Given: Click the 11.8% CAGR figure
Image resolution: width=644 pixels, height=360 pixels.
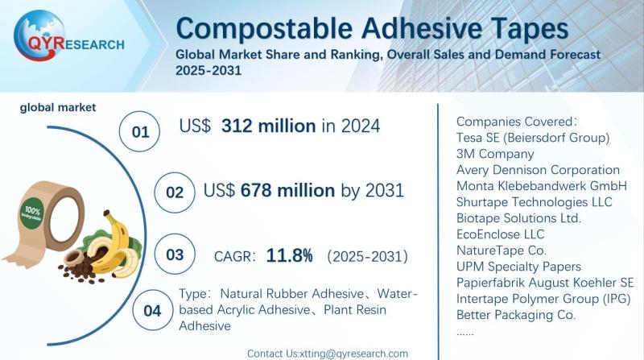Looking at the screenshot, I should tap(289, 256).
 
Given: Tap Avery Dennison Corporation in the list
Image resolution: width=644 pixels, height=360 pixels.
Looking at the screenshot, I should tap(537, 170).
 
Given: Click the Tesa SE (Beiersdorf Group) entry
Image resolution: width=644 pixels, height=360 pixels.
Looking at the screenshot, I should tap(532, 138).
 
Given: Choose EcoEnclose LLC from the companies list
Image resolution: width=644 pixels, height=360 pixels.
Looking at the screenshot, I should tap(500, 234).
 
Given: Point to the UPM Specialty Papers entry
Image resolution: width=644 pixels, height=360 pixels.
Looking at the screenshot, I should tap(518, 267).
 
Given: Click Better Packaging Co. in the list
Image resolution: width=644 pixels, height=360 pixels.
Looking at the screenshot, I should tap(515, 315).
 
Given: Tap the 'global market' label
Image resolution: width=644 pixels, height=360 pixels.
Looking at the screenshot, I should tap(57, 107).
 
